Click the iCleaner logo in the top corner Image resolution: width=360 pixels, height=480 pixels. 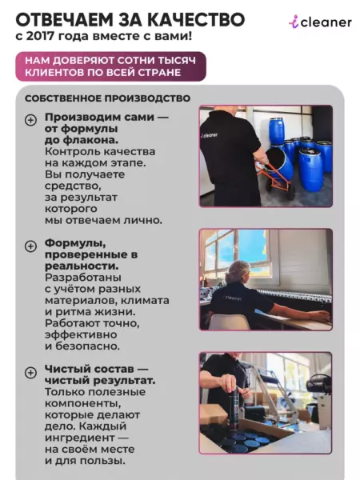click(320, 22)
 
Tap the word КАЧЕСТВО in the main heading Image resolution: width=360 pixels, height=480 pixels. click(196, 19)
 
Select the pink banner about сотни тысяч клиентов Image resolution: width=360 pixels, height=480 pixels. click(111, 66)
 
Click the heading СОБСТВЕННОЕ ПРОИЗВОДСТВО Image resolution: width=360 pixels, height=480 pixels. click(107, 98)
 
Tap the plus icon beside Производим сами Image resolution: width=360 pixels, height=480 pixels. click(30, 120)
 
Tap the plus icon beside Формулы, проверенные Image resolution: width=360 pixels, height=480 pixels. click(30, 246)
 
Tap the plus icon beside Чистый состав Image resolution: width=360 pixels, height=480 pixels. click(30, 373)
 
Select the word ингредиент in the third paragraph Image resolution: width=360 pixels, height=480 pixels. click(79, 438)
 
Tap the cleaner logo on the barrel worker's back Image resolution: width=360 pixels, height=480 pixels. click(210, 135)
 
